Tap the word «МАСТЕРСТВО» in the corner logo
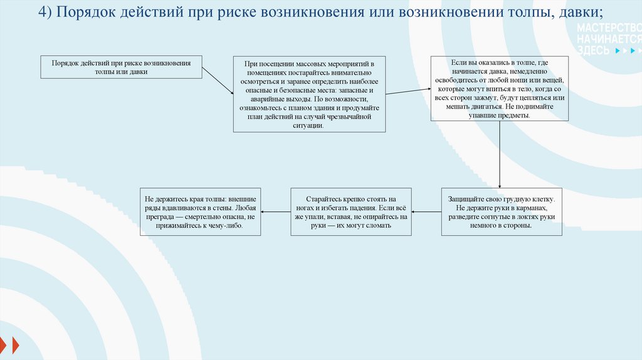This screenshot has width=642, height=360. (608, 29)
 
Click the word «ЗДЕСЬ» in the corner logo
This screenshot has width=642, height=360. (593, 50)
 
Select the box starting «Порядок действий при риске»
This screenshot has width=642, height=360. (122, 67)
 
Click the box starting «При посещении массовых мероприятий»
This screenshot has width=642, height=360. (309, 94)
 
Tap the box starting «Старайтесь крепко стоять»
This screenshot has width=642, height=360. (351, 212)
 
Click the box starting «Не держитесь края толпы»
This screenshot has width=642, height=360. (200, 212)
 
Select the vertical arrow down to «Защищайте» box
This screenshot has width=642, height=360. (499, 154)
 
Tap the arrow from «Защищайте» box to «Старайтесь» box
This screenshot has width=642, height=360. (426, 212)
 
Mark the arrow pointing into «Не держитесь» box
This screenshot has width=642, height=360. (275, 212)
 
